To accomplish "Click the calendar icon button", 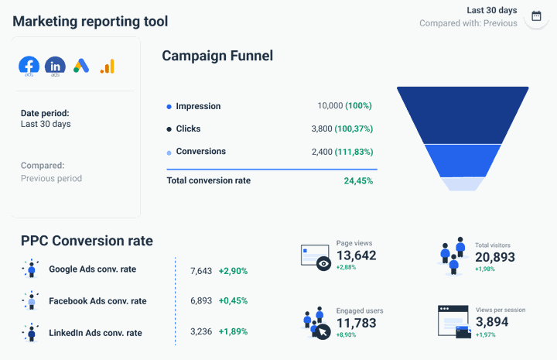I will coord(537,17).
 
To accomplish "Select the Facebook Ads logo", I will coord(29,66).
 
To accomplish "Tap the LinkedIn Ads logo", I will coord(55,66).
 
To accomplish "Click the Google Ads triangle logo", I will coord(81,66).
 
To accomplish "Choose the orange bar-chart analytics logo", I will coord(107,67).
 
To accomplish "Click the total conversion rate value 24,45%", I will coord(358,181).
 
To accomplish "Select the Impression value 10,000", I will coord(330,106).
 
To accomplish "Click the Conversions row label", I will coord(200,152).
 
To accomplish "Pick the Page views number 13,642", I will coord(357,256).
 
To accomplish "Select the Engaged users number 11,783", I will coord(357,323).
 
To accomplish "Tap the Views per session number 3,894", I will coord(492,322).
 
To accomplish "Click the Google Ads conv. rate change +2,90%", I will coord(233,271).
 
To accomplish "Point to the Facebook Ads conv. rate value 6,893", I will coord(201,301).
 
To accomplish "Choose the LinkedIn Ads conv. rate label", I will coord(95,333).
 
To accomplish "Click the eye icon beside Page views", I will coord(323,264).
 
